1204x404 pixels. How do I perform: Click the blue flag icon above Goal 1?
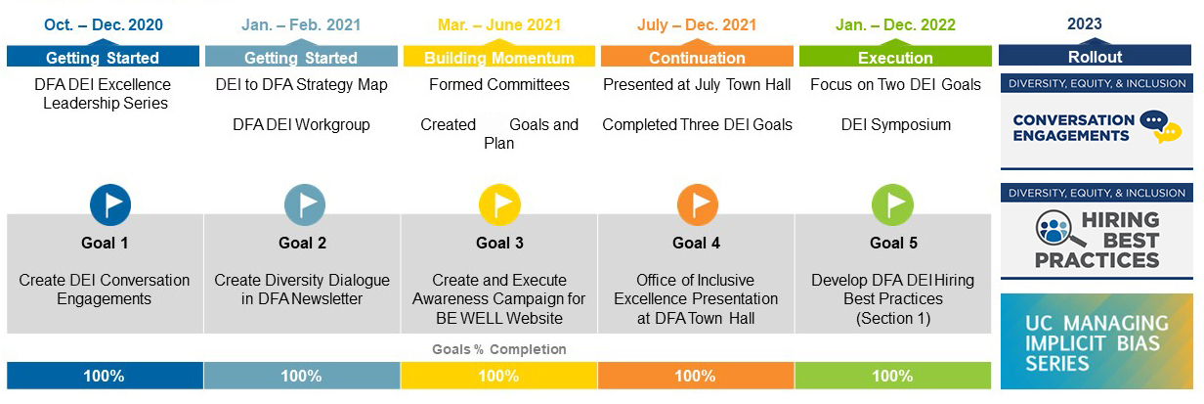pyautogui.click(x=110, y=205)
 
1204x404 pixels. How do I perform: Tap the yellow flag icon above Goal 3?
pyautogui.click(x=499, y=205)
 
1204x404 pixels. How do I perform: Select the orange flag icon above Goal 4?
pyautogui.click(x=697, y=205)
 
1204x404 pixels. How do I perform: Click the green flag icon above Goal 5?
pyautogui.click(x=892, y=205)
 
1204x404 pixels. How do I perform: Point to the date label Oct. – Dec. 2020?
pyautogui.click(x=104, y=24)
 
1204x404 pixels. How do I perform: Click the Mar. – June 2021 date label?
pyautogui.click(x=499, y=24)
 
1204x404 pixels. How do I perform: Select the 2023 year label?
pyautogui.click(x=1085, y=23)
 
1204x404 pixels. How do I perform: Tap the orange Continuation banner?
pyautogui.click(x=697, y=56)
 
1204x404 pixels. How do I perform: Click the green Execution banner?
pyautogui.click(x=895, y=56)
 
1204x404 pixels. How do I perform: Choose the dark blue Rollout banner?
pyautogui.click(x=1095, y=56)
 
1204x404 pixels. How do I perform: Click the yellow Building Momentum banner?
pyautogui.click(x=499, y=56)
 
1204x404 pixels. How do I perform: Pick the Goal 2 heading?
pyautogui.click(x=302, y=244)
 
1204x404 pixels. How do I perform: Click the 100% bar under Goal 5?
pyautogui.click(x=893, y=376)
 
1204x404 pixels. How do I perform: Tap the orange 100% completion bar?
pyautogui.click(x=696, y=376)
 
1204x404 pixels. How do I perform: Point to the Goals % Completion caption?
pyautogui.click(x=499, y=349)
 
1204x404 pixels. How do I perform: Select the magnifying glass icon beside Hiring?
pyautogui.click(x=1056, y=229)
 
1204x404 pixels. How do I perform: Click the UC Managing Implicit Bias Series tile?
pyautogui.click(x=1096, y=341)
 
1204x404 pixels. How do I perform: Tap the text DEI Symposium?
pyautogui.click(x=896, y=125)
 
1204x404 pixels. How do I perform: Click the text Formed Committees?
pyautogui.click(x=499, y=84)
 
